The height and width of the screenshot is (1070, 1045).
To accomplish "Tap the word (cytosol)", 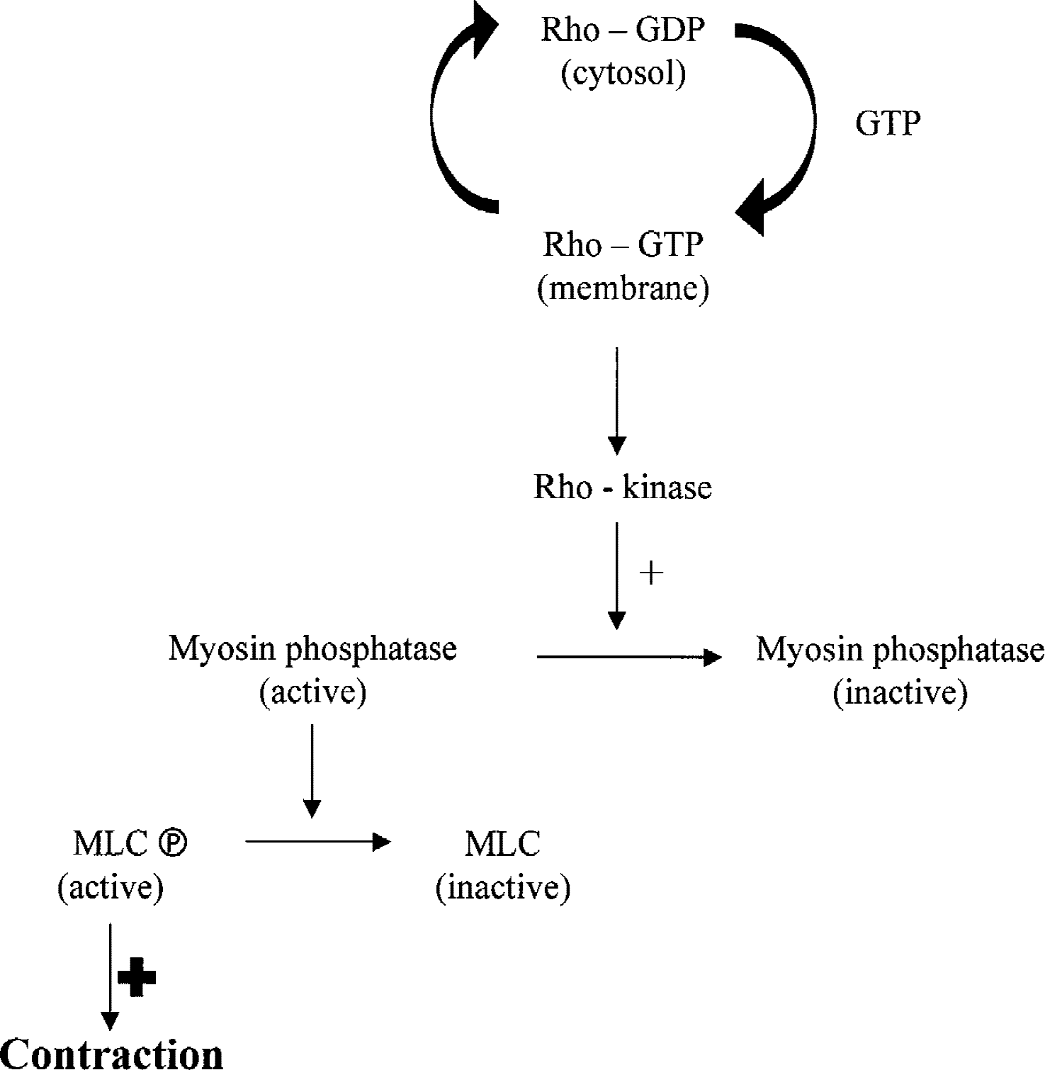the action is tap(623, 74).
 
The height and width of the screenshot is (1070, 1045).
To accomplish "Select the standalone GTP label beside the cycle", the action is tap(888, 124).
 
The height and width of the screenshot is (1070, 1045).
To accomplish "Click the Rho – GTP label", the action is tap(623, 245).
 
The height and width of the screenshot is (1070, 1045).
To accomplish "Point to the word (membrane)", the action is tap(623, 289).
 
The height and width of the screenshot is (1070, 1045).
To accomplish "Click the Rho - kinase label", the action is tap(623, 488).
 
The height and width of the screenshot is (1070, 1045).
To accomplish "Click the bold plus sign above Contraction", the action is tap(137, 978).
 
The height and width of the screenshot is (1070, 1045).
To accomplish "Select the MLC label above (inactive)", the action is tap(503, 843).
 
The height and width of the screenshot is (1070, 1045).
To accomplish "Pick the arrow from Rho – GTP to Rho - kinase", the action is tap(617, 400).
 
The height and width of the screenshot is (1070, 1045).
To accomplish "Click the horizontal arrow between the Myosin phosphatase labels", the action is tap(629, 658).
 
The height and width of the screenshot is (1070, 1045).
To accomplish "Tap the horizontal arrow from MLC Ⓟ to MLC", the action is tap(318, 842).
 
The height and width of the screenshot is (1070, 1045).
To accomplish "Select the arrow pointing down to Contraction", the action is tap(110, 976).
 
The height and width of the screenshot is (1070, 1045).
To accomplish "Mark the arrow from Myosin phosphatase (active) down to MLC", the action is tap(312, 771).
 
